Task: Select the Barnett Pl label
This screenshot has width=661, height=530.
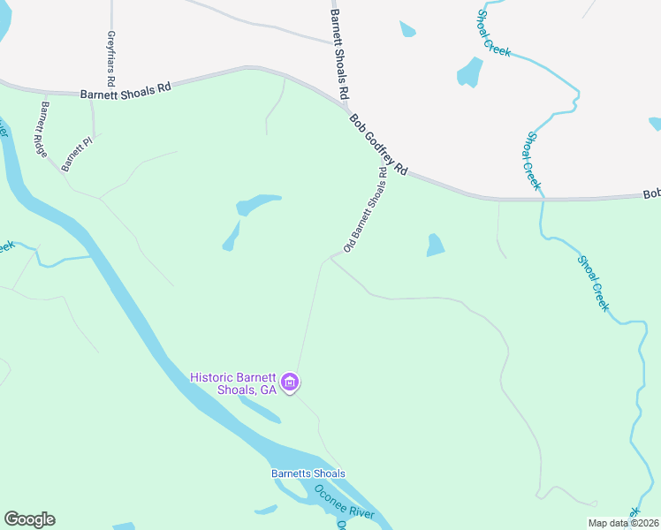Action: point(76,153)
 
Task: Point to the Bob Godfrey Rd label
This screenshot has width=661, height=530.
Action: point(377,144)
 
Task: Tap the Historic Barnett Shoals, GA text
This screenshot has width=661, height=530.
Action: point(233,383)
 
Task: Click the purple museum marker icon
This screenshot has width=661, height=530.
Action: point(291,383)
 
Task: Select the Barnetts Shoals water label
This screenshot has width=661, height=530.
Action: point(308,473)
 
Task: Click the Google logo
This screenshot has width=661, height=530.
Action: point(29,519)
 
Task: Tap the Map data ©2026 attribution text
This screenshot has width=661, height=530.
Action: point(624,523)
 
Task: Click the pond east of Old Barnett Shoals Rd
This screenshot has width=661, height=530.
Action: point(436,245)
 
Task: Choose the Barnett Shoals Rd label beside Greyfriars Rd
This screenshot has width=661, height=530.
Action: point(125,92)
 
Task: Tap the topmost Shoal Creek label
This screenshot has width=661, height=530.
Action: point(493,34)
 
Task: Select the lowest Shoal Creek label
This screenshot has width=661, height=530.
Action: point(593,283)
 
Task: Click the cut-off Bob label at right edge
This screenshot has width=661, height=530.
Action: point(651,193)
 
